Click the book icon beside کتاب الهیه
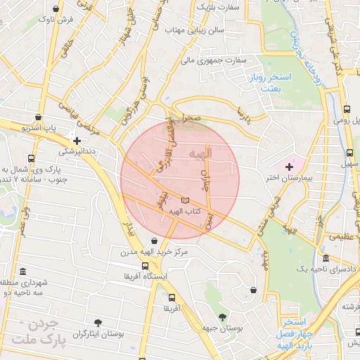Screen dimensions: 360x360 185,200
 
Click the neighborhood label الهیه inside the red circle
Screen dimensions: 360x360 200,154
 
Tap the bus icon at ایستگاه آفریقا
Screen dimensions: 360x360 146,266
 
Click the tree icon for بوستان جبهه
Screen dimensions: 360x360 223,316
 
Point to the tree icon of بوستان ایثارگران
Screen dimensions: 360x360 97,323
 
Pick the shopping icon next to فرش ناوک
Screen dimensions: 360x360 56,8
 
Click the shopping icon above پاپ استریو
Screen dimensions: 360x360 37,117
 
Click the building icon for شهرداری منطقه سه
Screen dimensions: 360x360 23,271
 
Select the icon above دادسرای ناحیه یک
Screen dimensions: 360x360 325,257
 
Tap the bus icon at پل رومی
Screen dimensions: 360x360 347,109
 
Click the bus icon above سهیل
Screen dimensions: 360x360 349,153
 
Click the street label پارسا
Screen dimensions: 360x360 245,112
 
